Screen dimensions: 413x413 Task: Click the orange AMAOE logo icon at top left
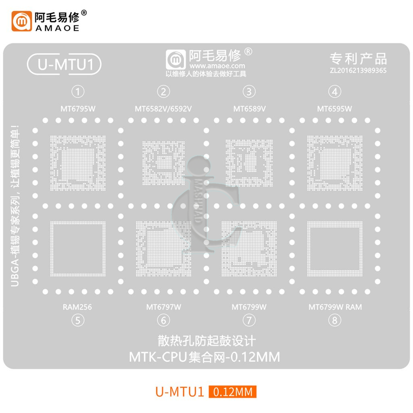tap(22, 21)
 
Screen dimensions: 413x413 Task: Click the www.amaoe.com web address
tap(217, 66)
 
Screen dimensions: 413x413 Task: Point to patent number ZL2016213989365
tap(358, 70)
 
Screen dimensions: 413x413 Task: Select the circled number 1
tap(78, 92)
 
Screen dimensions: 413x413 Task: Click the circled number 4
tap(334, 92)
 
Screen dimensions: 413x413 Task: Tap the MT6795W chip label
tap(78, 109)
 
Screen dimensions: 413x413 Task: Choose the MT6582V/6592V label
tap(163, 109)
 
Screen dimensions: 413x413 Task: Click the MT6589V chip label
tap(249, 109)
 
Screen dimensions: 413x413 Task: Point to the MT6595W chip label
tap(334, 109)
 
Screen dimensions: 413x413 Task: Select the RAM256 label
tap(77, 307)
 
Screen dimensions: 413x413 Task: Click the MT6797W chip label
tap(164, 307)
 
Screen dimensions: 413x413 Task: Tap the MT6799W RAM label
tap(335, 307)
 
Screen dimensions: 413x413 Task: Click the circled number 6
tap(163, 320)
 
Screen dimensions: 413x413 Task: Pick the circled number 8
tap(334, 320)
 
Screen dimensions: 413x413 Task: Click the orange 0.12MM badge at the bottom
tap(232, 392)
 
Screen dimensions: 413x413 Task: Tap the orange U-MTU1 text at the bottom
tap(179, 392)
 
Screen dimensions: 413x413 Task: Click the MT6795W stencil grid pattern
tap(78, 163)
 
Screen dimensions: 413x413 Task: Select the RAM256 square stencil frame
tap(52, 248)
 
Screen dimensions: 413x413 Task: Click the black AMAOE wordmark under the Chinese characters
tap(57, 28)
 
